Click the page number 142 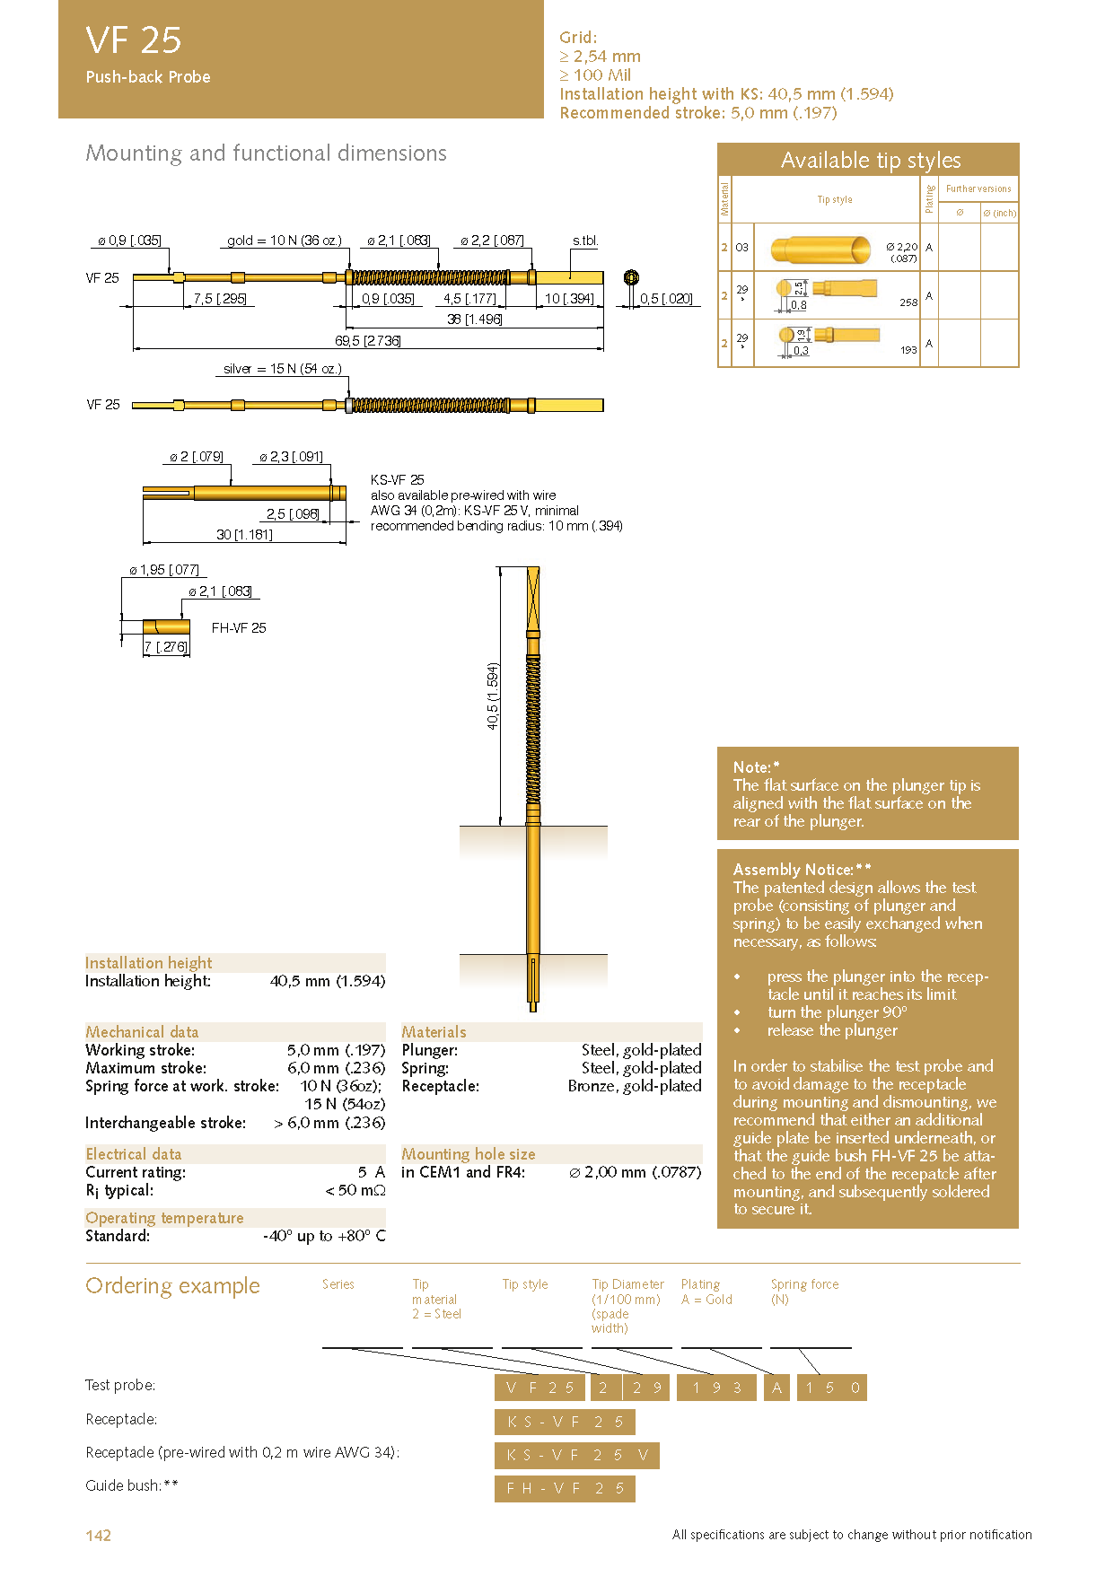click(98, 1535)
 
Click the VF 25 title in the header click(134, 40)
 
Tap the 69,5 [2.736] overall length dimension click(367, 341)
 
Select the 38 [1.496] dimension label click(474, 320)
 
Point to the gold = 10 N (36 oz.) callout click(284, 241)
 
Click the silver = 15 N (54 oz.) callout click(282, 369)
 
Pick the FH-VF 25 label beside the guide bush click(239, 628)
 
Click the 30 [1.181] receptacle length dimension click(244, 535)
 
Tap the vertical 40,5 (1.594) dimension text click(492, 696)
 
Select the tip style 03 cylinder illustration click(820, 249)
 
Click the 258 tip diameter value click(908, 302)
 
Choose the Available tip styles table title click(870, 161)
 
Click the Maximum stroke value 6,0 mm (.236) click(336, 1068)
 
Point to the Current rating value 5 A click(371, 1172)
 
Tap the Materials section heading click(434, 1032)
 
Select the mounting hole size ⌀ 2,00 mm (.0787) click(635, 1172)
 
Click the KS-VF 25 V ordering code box click(576, 1455)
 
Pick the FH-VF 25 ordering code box click(565, 1488)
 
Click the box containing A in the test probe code click(777, 1388)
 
